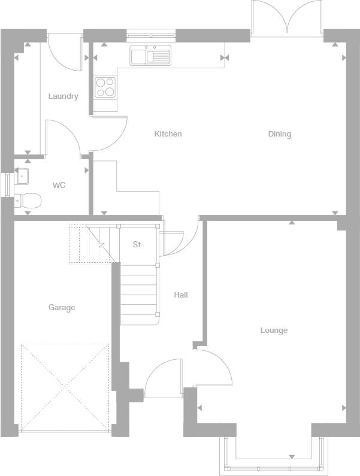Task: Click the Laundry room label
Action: click(63, 96)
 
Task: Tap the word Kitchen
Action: click(168, 134)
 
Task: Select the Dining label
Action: click(280, 134)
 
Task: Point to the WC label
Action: click(59, 185)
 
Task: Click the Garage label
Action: click(62, 308)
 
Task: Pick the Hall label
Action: click(181, 295)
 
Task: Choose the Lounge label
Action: click(274, 331)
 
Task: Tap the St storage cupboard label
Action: click(137, 244)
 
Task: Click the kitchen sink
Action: click(150, 55)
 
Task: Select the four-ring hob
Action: click(105, 87)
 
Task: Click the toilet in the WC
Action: click(28, 201)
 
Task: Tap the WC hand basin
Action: click(22, 176)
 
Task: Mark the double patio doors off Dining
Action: click(287, 19)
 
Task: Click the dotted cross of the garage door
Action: click(65, 387)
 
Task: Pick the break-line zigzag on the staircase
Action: click(102, 245)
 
